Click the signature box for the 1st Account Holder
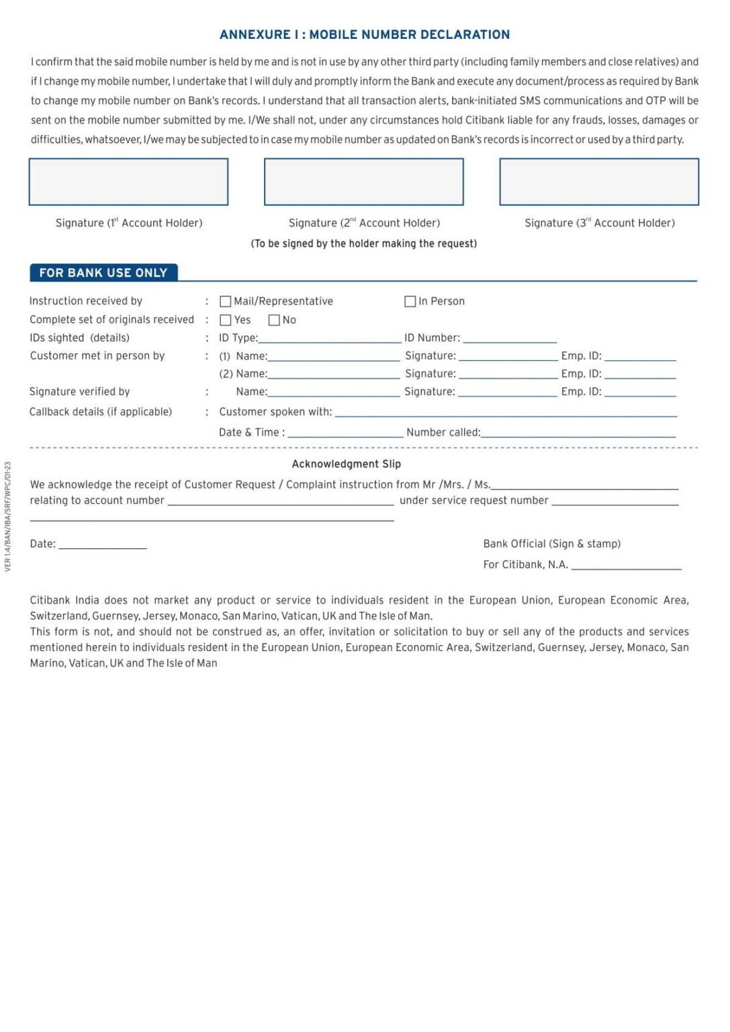click(x=128, y=182)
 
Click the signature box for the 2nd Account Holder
click(x=364, y=182)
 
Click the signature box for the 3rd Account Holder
click(x=599, y=182)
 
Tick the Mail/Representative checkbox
click(x=226, y=302)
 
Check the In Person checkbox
click(x=410, y=302)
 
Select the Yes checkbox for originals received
click(x=226, y=320)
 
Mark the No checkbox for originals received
click(x=274, y=320)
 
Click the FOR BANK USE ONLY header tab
click(x=103, y=273)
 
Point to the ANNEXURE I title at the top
click(x=365, y=35)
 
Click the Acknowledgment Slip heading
click(x=347, y=464)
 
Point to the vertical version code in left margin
click(x=8, y=517)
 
